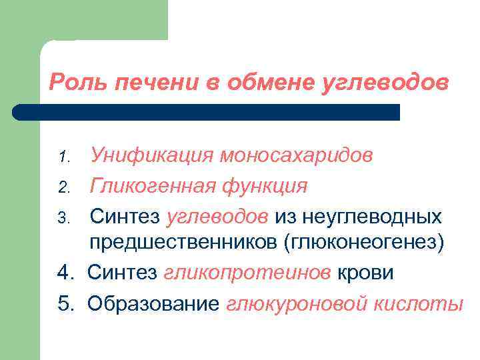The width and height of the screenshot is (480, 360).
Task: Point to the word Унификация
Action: click(152, 156)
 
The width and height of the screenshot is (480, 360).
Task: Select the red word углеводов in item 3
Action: click(217, 215)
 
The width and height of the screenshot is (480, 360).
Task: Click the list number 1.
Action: click(64, 157)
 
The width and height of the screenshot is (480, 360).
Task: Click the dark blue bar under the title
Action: click(207, 112)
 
